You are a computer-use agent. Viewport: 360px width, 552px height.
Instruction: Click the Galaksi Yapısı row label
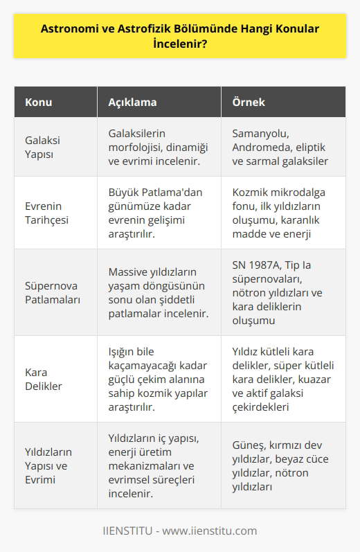(44, 148)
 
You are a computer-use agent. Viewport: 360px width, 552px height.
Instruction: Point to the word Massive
(129, 273)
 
